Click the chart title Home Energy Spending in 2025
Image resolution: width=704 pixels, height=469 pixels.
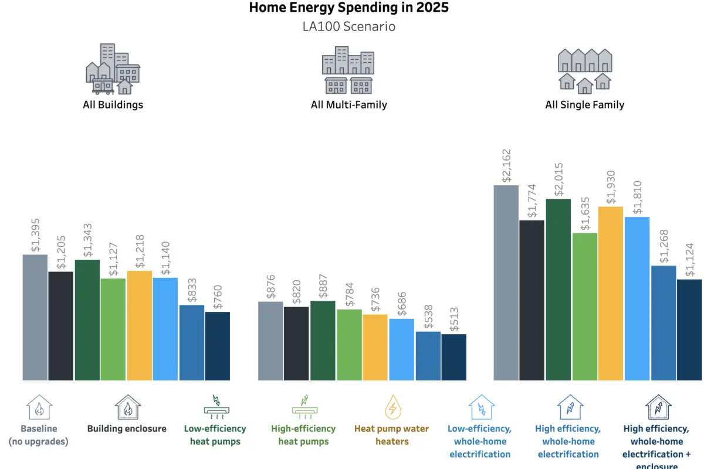pyautogui.click(x=350, y=8)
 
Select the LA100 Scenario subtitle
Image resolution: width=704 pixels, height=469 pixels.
pyautogui.click(x=350, y=26)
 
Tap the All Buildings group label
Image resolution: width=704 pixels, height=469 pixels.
pyautogui.click(x=113, y=105)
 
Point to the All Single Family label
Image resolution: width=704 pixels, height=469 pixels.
pyautogui.click(x=584, y=105)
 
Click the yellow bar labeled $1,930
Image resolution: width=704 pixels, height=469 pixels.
pyautogui.click(x=610, y=293)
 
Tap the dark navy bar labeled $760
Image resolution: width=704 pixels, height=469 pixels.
pyautogui.click(x=218, y=346)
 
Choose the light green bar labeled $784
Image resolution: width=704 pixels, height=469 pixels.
pyautogui.click(x=349, y=345)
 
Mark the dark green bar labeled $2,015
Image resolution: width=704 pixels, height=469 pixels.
pyautogui.click(x=558, y=290)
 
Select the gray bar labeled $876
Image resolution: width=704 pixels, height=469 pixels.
pyautogui.click(x=270, y=341)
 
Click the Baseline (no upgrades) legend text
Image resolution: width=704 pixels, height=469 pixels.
pyautogui.click(x=39, y=435)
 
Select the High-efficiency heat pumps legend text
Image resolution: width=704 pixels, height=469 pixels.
pyautogui.click(x=303, y=435)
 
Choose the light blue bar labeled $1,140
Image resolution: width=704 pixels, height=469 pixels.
pyautogui.click(x=165, y=329)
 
